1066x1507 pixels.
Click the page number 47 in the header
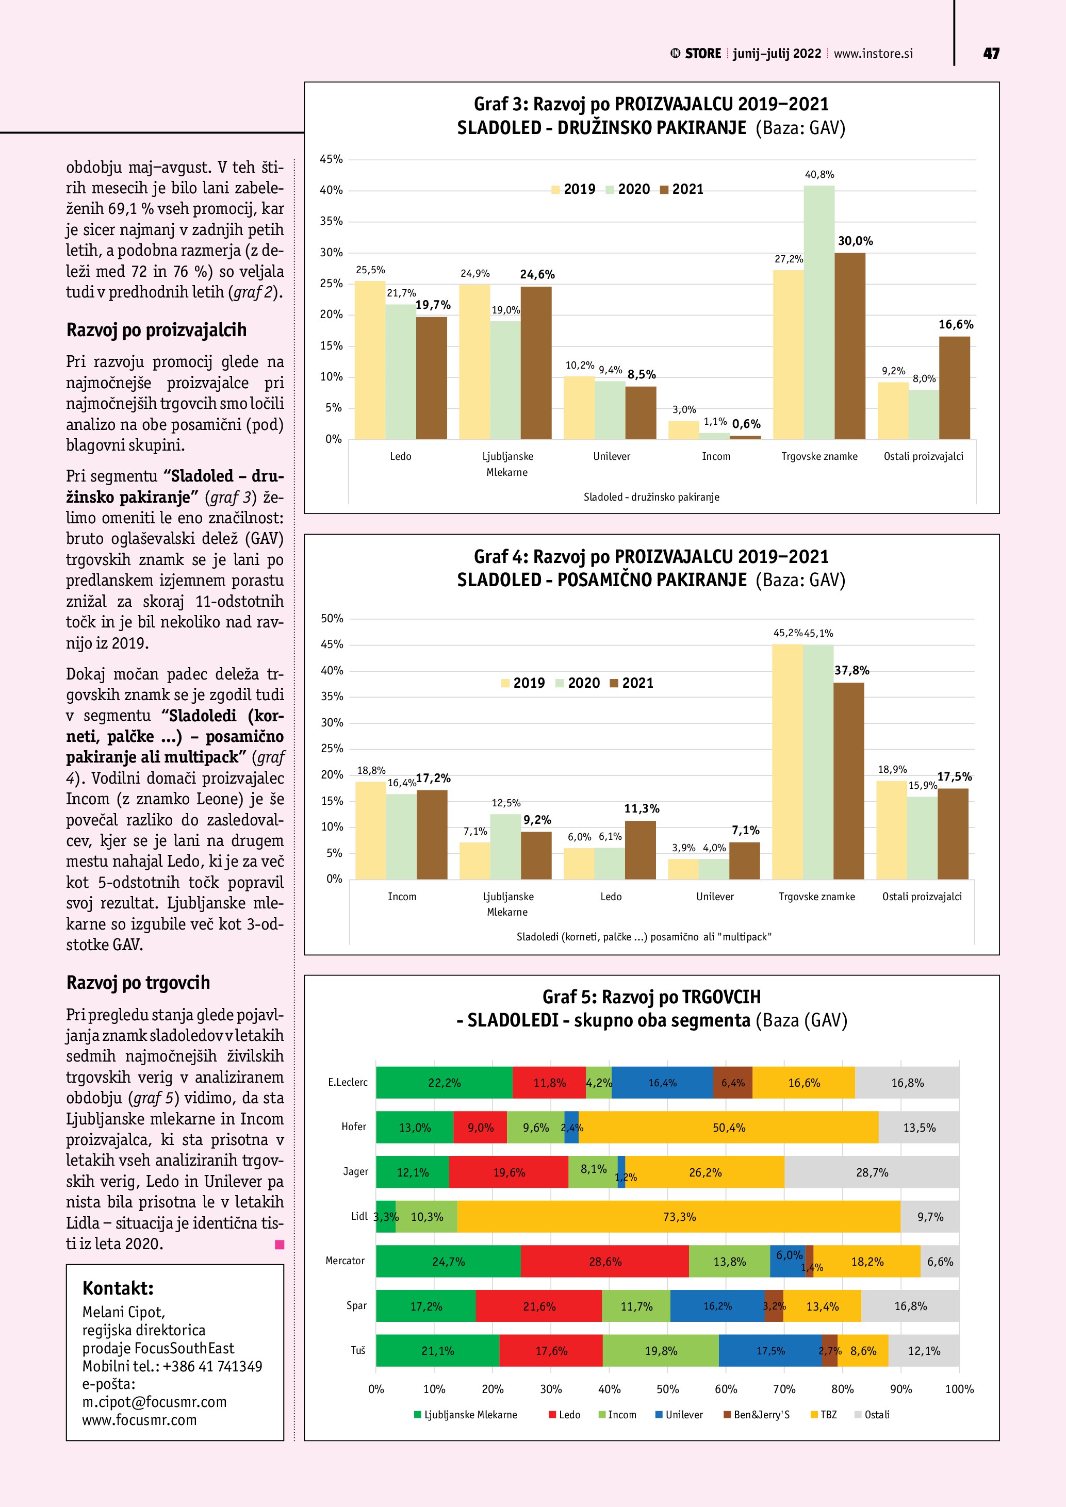[x=991, y=54]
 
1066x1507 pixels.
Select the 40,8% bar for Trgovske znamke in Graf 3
[x=818, y=312]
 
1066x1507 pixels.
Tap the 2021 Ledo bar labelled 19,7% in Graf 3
[x=431, y=378]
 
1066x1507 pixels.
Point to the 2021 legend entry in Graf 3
[x=681, y=190]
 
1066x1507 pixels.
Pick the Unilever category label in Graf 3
[x=611, y=457]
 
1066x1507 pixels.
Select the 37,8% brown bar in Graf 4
[x=849, y=781]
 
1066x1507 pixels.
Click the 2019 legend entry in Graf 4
[x=522, y=683]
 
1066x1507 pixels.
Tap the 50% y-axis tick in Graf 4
[x=332, y=618]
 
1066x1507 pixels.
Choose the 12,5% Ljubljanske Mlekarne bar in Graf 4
[x=505, y=847]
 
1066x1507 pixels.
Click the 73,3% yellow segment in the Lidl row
[x=679, y=1217]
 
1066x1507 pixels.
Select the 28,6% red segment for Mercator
[x=604, y=1262]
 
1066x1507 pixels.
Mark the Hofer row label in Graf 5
[x=354, y=1127]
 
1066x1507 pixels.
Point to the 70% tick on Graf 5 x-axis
[x=784, y=1389]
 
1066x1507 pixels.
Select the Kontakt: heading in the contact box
[x=118, y=1288]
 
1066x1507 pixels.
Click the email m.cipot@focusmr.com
[x=154, y=1401]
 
